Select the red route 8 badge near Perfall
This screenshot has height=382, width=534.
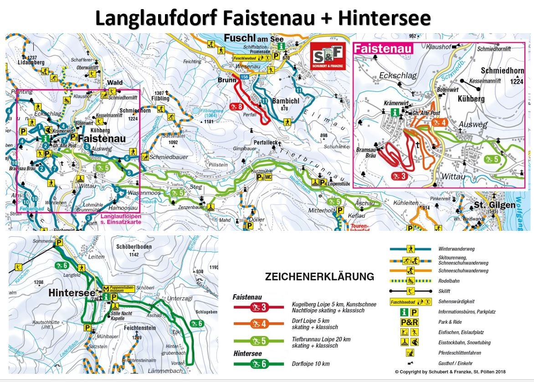coord(236,107)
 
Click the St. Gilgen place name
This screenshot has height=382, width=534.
coord(494,205)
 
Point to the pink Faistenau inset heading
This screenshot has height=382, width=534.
coord(383,49)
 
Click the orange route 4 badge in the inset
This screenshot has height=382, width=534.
coord(438,122)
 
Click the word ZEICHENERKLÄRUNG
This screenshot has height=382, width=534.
coord(319,276)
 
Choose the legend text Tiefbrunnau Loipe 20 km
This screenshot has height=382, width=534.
coord(314,339)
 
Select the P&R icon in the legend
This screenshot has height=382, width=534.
coord(409,322)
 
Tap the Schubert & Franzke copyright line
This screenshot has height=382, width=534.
coord(450,372)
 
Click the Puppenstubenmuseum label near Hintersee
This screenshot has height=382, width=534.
coord(124,290)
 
